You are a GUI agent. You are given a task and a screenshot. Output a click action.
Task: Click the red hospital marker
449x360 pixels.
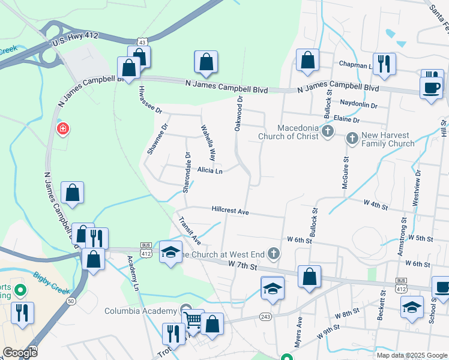click(x=62, y=129)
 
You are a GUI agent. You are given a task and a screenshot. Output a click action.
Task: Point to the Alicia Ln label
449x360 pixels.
click(x=209, y=171)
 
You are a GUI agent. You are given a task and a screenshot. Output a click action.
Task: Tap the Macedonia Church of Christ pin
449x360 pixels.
click(x=328, y=131)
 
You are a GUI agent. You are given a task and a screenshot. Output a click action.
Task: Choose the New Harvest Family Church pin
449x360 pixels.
click(x=352, y=139)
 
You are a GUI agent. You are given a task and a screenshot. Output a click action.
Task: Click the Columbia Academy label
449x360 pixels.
click(x=142, y=310)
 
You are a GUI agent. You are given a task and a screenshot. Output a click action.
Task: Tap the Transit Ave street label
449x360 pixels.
click(x=190, y=230)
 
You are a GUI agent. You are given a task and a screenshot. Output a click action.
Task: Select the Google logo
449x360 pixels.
click(x=20, y=353)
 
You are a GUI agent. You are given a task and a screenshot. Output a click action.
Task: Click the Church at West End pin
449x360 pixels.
click(x=274, y=253)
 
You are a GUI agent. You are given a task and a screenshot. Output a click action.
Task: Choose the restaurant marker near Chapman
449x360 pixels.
click(x=384, y=64)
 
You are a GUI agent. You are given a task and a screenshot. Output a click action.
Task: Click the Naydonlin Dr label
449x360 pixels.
click(x=358, y=105)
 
